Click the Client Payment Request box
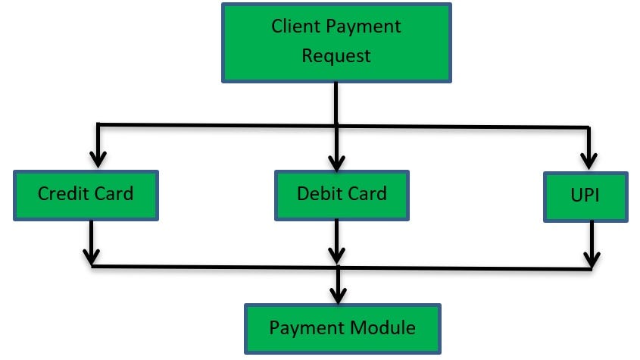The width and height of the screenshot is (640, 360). tap(336, 42)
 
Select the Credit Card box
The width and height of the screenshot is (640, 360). tap(86, 194)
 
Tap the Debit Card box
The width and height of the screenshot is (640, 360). tap(341, 194)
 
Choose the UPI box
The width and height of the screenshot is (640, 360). tap(585, 196)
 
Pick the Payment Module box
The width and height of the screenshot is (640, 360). tap(342, 329)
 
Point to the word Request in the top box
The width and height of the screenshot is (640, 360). tap(336, 55)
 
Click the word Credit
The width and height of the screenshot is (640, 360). tap(63, 193)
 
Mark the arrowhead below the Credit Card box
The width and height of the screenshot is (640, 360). tap(91, 257)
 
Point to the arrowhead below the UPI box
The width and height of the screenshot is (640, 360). tap(591, 259)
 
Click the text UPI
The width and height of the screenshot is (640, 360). tap(585, 196)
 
